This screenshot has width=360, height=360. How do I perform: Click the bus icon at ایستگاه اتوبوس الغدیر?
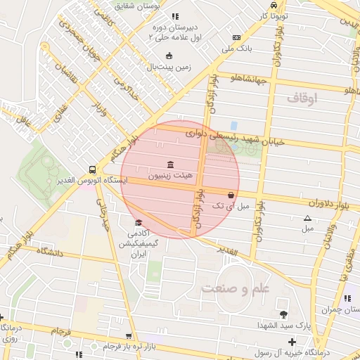click(92, 169)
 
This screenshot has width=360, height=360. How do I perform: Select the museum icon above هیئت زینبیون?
click(170, 164)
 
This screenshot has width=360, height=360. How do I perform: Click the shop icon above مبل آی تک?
click(231, 195)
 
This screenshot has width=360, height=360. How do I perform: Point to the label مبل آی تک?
click(232, 205)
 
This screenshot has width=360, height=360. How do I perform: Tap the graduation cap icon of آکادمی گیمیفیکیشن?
click(138, 223)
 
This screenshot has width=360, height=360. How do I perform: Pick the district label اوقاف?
click(302, 99)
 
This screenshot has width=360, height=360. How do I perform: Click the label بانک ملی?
click(236, 49)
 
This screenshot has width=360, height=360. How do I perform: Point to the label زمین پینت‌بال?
click(169, 67)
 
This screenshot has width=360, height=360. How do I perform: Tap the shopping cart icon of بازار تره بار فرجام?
click(128, 336)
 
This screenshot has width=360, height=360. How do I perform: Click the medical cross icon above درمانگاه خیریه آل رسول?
click(292, 341)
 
